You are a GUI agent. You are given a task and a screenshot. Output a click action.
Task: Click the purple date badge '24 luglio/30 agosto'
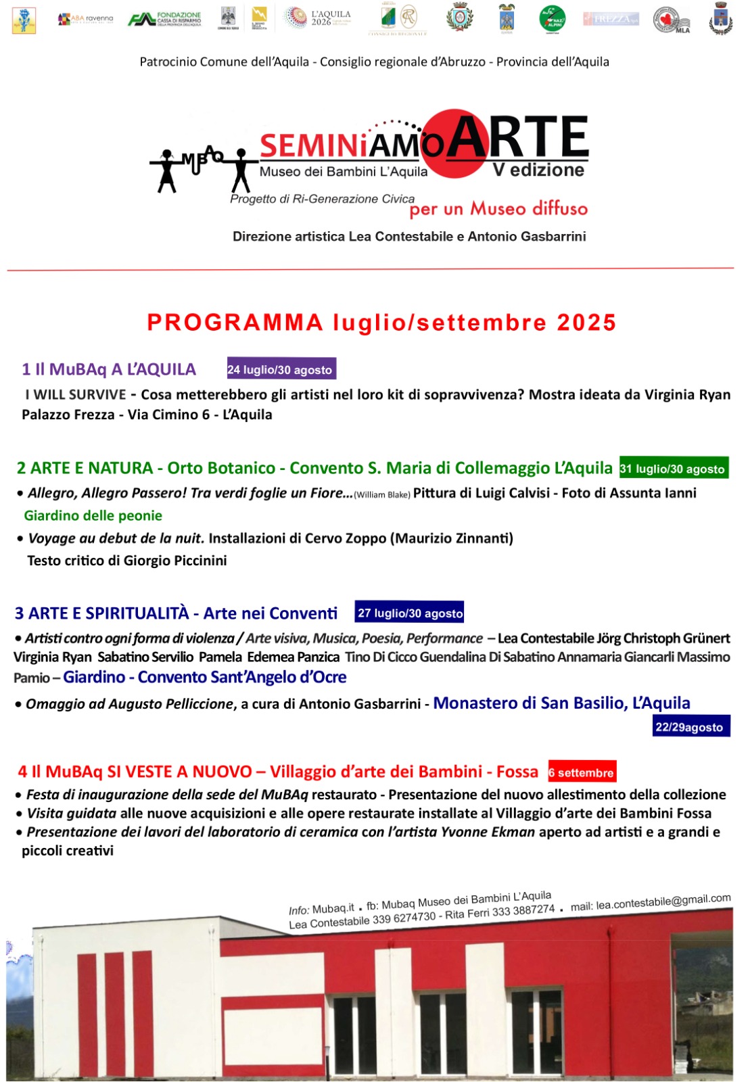click(x=281, y=369)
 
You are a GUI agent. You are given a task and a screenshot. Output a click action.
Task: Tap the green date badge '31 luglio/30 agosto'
click(x=674, y=468)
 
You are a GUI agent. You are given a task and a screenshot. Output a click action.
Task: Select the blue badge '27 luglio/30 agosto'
click(x=409, y=613)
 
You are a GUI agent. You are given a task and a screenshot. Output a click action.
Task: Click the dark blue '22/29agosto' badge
click(x=690, y=727)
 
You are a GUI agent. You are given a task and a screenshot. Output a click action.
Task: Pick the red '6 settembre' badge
click(x=582, y=772)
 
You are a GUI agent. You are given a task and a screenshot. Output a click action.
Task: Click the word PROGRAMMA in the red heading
click(x=235, y=323)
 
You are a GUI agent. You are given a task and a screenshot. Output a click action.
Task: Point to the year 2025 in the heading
click(x=586, y=323)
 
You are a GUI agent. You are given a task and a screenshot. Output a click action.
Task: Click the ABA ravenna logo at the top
click(x=85, y=19)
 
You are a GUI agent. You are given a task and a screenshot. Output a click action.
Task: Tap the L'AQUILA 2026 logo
click(x=317, y=18)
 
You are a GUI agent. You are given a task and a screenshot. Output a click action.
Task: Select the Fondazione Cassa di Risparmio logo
click(x=165, y=18)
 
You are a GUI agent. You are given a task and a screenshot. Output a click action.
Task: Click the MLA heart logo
click(x=671, y=20)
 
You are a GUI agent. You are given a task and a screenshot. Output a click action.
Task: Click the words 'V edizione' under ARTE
click(x=538, y=170)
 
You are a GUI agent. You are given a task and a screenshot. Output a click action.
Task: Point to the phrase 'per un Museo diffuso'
click(x=498, y=209)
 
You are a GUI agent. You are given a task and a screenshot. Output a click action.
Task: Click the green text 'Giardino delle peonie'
click(x=93, y=515)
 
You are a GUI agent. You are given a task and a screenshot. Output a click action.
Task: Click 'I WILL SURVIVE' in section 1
click(x=76, y=394)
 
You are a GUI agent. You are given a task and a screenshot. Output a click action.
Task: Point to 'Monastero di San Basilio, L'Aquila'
click(x=561, y=703)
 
